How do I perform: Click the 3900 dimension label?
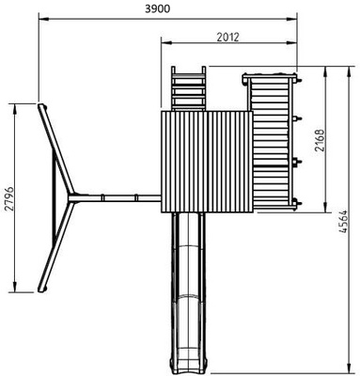(x=158, y=8)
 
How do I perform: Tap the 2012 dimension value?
(x=227, y=37)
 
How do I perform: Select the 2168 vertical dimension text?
(x=320, y=140)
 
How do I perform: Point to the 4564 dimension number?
(x=344, y=222)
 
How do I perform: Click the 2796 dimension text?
(x=9, y=198)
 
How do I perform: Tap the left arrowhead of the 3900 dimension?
(x=43, y=19)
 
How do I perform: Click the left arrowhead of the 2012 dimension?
(x=166, y=43)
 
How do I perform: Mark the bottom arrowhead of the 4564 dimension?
(x=349, y=368)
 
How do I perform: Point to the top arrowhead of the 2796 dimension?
(x=15, y=108)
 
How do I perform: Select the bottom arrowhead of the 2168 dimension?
(x=325, y=207)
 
